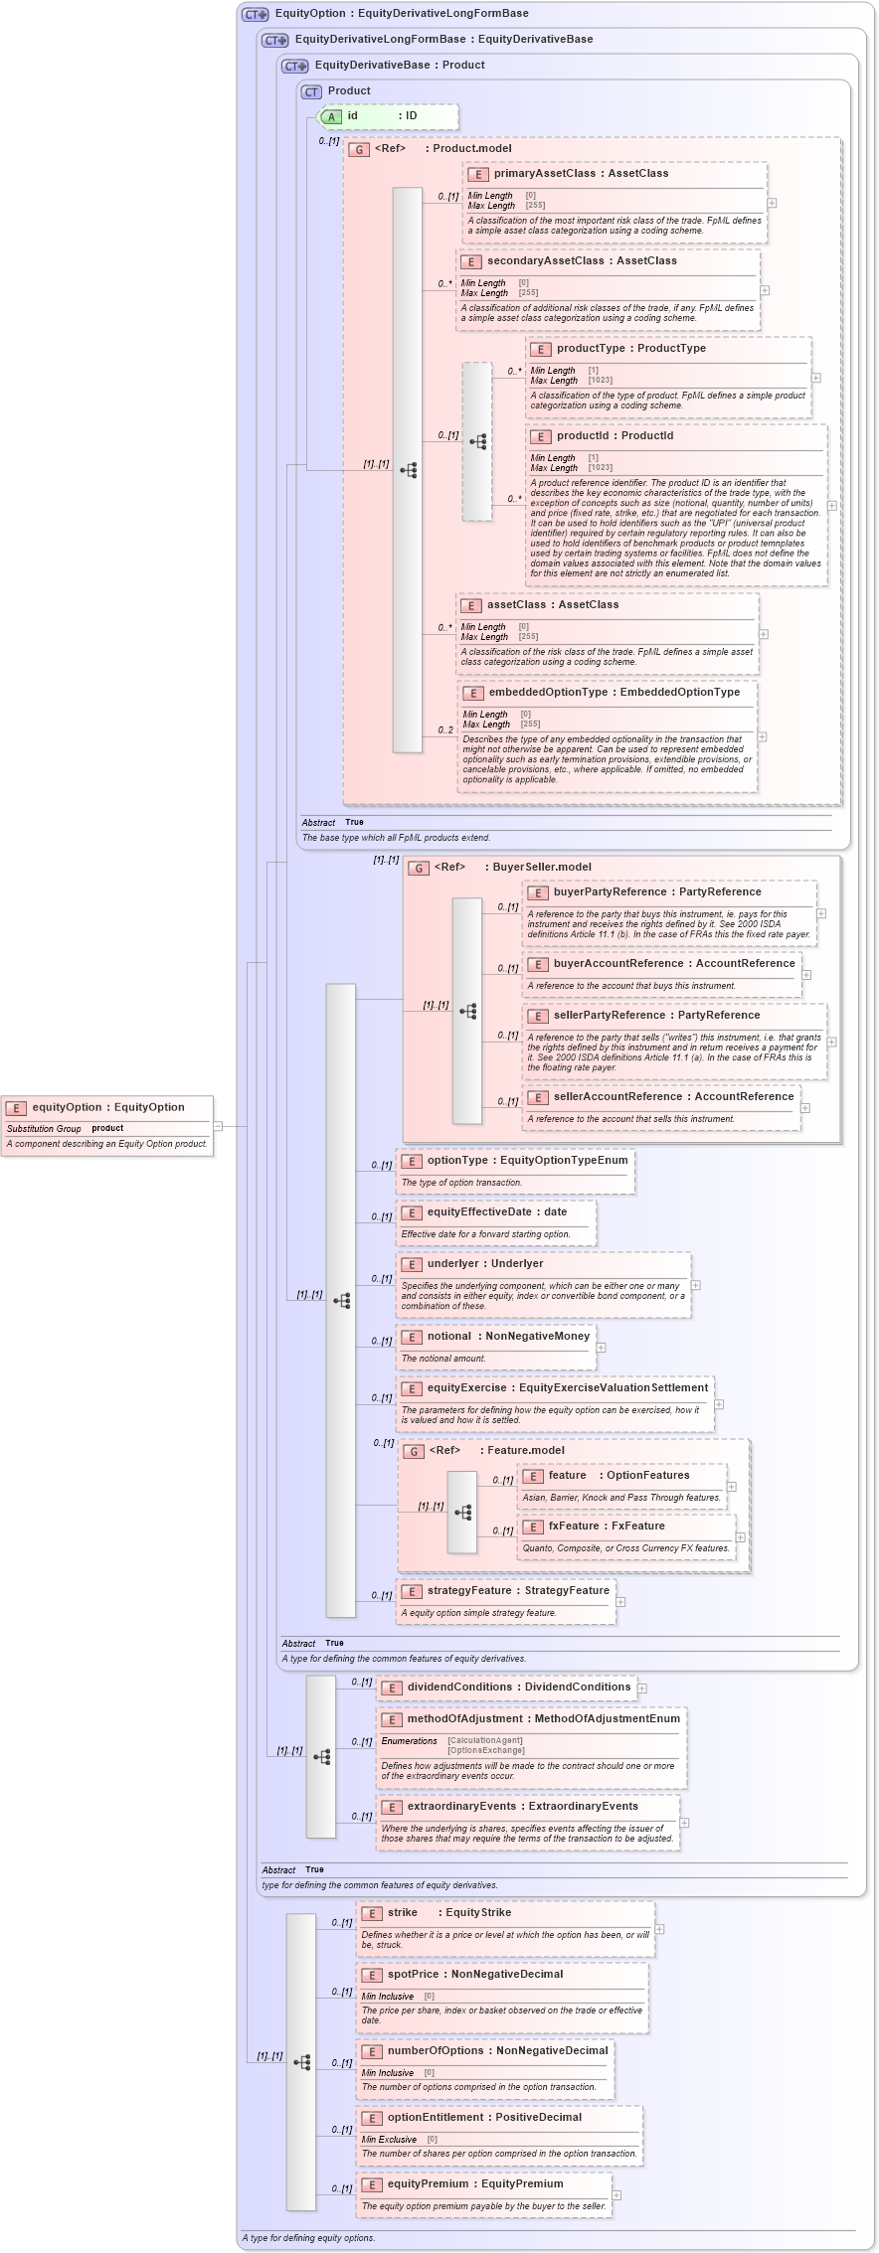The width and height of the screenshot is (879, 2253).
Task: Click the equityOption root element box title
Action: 107,1107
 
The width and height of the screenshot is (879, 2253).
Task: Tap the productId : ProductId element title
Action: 615,436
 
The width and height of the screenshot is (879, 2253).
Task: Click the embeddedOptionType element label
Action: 614,693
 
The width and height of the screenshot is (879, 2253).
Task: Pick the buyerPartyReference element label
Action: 657,892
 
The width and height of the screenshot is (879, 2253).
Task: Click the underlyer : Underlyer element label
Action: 485,1264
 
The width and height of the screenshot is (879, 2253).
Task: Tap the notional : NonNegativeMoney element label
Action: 508,1337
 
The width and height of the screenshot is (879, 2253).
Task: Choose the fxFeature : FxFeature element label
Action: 607,1527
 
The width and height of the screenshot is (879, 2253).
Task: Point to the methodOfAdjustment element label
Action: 543,1719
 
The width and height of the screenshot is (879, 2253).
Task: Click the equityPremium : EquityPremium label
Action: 475,2184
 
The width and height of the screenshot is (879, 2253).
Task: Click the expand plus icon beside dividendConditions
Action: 642,1689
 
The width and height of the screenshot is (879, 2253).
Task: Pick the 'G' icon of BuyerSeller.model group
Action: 420,869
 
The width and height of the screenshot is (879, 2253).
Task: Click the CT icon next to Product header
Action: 311,92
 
